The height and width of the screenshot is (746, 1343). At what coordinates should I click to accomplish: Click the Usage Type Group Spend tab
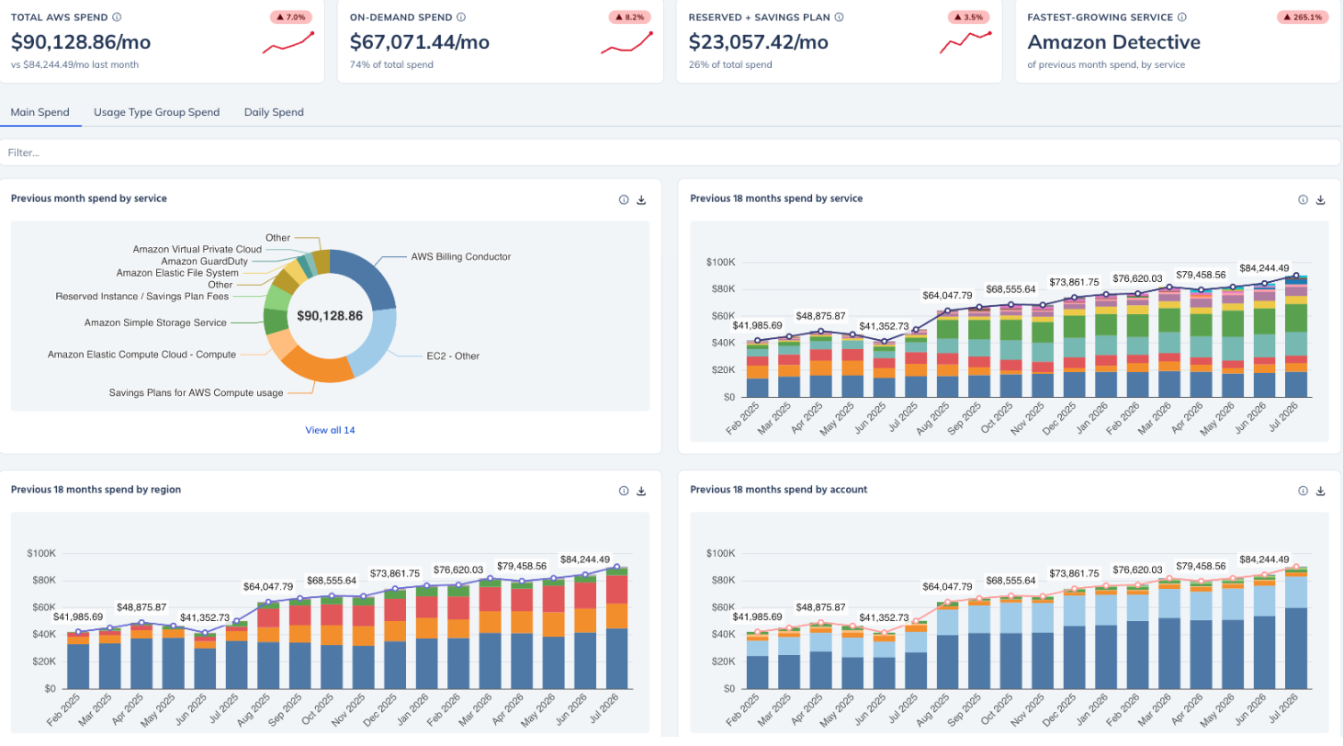point(156,112)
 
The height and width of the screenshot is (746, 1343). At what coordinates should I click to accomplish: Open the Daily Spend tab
point(274,112)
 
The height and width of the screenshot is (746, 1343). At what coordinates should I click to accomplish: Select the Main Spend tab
point(40,112)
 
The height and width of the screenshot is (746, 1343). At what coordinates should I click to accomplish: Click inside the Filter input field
point(671,153)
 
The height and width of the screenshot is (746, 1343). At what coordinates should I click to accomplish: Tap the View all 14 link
point(330,430)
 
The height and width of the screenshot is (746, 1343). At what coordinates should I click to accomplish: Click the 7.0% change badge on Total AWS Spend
point(291,17)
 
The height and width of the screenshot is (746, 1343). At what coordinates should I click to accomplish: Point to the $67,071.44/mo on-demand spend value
point(420,42)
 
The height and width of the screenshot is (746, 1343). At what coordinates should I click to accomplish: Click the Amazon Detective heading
point(1114,42)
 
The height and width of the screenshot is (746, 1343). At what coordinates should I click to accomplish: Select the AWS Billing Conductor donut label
point(460,256)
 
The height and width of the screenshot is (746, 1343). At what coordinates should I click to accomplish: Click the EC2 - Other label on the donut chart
point(453,356)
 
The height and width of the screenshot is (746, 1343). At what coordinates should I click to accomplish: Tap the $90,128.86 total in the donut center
point(330,316)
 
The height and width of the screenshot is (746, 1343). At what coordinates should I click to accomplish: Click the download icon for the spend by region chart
point(641,492)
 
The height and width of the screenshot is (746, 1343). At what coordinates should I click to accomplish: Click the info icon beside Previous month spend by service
point(624,199)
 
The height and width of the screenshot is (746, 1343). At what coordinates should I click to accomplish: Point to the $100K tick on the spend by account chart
point(721,553)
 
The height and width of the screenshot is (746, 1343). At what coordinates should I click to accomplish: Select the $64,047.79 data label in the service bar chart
point(947,296)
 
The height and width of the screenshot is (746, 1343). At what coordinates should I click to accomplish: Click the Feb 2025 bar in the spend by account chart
point(757,660)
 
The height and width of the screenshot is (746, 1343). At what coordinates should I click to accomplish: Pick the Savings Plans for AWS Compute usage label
point(196,393)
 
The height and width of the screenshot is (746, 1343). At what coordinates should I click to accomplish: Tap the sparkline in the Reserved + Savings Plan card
point(965,42)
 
